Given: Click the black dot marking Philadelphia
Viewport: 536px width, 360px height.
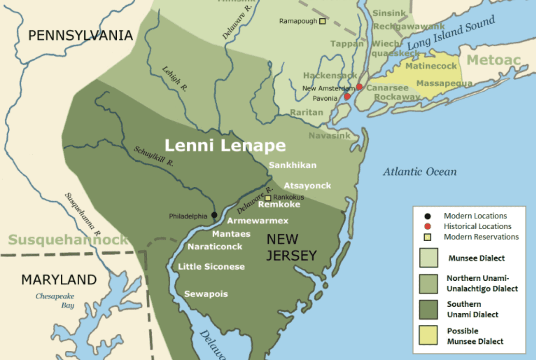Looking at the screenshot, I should pos(214,215).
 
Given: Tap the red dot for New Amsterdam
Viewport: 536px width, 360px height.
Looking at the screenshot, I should pos(359,87).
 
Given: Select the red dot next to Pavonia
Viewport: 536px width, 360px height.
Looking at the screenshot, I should pos(347,96).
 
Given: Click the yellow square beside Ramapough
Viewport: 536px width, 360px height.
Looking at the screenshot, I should pos(322,21).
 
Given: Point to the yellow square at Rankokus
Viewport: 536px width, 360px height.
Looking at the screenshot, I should pos(268,198).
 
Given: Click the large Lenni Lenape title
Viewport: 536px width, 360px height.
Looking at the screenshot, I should pos(225,146).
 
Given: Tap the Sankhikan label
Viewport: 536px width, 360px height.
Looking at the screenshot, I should pos(292,165).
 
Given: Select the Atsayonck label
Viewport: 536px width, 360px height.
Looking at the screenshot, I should pos(307,186).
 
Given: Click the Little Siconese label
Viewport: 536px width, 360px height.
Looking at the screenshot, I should pos(211,267).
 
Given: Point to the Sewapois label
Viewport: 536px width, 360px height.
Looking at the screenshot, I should pos(206,294).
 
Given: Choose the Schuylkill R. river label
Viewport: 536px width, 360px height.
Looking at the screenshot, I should pos(154,156).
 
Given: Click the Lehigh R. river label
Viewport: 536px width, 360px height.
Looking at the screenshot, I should pos(174,79).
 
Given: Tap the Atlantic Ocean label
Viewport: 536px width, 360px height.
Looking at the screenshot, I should pos(420,172).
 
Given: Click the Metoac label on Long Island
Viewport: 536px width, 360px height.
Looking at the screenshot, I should pos(494,60).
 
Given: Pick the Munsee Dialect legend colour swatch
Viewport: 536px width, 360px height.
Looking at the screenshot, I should pos(428,258).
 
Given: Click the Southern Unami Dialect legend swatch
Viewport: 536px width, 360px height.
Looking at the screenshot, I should pos(428,310).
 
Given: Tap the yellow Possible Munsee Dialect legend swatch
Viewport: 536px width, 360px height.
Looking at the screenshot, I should pos(428,335).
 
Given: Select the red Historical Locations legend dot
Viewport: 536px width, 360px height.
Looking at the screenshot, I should pos(428,226).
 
